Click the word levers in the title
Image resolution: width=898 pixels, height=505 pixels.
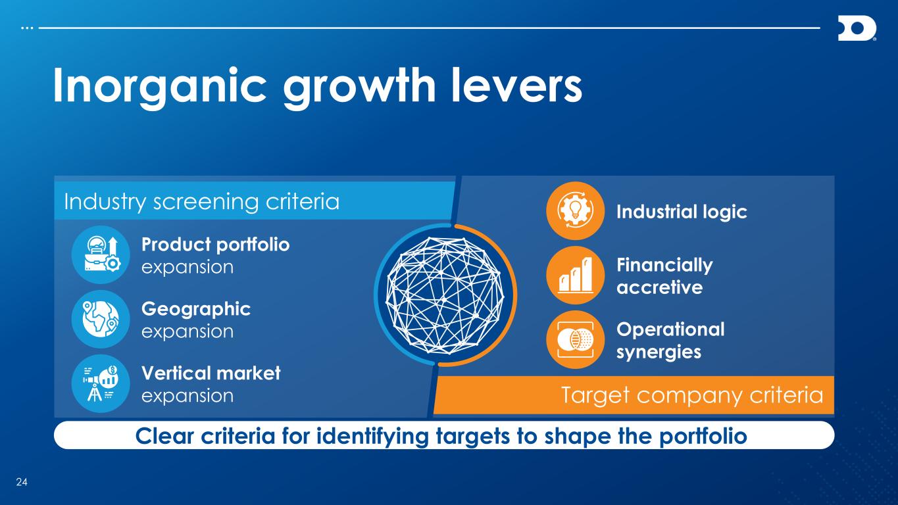pyautogui.click(x=516, y=85)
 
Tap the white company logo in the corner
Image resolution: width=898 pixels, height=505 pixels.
pyautogui.click(x=857, y=28)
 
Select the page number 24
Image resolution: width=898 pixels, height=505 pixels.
pyautogui.click(x=22, y=482)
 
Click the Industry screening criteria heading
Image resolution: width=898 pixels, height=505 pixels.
pyautogui.click(x=202, y=202)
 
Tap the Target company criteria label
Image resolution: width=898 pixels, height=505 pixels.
pyautogui.click(x=692, y=396)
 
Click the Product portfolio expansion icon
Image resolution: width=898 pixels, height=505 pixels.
pyautogui.click(x=101, y=254)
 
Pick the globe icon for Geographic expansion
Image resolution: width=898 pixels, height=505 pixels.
pyautogui.click(x=101, y=319)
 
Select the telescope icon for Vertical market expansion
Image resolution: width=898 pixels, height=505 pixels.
pyautogui.click(x=101, y=383)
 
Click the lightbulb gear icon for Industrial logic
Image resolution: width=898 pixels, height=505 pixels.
pyautogui.click(x=575, y=211)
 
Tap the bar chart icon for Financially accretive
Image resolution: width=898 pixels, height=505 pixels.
pyautogui.click(x=575, y=276)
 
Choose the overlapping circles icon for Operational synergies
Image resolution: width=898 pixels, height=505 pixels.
pyautogui.click(x=575, y=340)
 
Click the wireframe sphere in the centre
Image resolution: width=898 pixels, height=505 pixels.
pyautogui.click(x=445, y=295)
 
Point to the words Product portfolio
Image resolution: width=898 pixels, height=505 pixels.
pyautogui.click(x=215, y=245)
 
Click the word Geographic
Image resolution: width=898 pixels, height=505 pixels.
pyautogui.click(x=196, y=310)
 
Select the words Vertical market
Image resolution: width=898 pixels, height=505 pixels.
pyautogui.click(x=211, y=373)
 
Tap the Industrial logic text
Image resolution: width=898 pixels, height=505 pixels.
pyautogui.click(x=682, y=212)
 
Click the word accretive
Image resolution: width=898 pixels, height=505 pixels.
pyautogui.click(x=659, y=287)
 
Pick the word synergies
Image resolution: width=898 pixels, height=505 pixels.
pyautogui.click(x=659, y=352)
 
